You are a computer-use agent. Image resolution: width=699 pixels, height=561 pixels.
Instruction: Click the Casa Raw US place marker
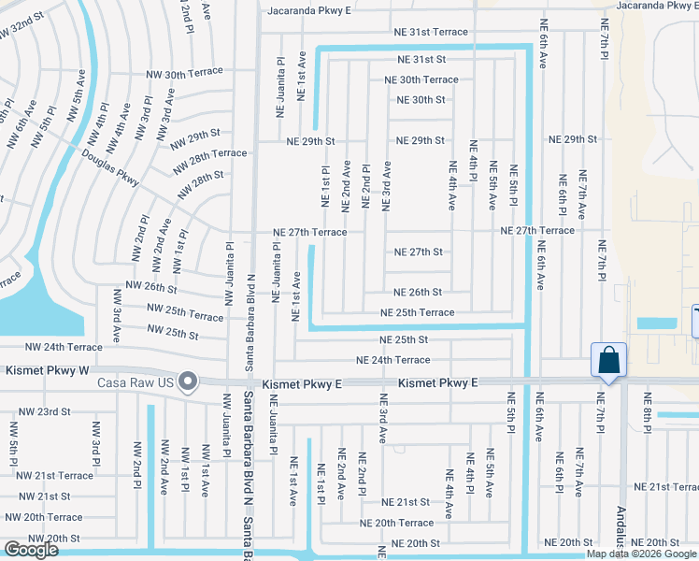coord(189,381)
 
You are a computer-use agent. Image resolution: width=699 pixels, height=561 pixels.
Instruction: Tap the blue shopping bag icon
coord(608,360)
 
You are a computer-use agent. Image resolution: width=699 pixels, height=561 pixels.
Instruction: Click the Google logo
coord(31,551)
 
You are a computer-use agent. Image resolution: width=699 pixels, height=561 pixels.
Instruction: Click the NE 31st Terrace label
coord(423,32)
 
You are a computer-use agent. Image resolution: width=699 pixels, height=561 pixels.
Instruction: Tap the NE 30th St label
coord(421,100)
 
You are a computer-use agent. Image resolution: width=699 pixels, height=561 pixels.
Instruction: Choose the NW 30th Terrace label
coord(184,72)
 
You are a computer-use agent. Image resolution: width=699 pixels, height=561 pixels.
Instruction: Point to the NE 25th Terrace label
coord(416,312)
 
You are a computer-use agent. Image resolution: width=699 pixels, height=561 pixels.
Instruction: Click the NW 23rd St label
coord(41,411)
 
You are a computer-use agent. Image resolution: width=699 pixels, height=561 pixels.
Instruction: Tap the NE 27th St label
coord(418,252)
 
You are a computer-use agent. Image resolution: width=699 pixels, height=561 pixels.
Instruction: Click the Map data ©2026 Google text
coord(641,554)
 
